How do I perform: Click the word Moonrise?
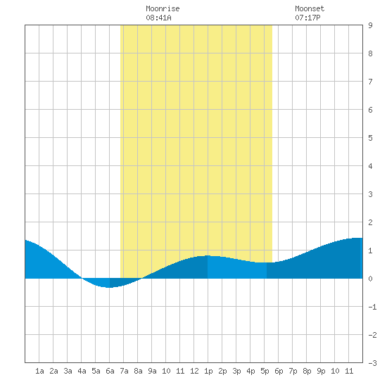coord(163,9)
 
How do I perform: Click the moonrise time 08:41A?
coord(158,18)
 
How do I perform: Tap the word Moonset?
coord(310,9)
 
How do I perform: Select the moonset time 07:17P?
coord(307,18)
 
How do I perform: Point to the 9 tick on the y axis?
coord(370,25)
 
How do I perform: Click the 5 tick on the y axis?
coord(370,138)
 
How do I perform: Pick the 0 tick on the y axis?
coord(370,279)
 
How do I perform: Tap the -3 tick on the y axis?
coord(372,363)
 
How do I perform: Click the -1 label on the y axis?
coord(372,307)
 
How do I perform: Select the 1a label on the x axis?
coord(39,371)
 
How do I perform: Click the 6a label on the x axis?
coord(110,371)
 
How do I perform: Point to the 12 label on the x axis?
coord(194,371)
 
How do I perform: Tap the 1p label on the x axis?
coord(208,372)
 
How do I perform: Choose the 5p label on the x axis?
coord(265,372)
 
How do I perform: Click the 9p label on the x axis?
coord(321,372)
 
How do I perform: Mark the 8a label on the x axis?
coord(138,371)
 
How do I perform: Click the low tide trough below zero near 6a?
coord(108,287)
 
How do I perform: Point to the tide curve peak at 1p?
coord(208,255)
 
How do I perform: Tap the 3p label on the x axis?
coord(236,372)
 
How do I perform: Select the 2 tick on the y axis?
coord(370,222)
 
